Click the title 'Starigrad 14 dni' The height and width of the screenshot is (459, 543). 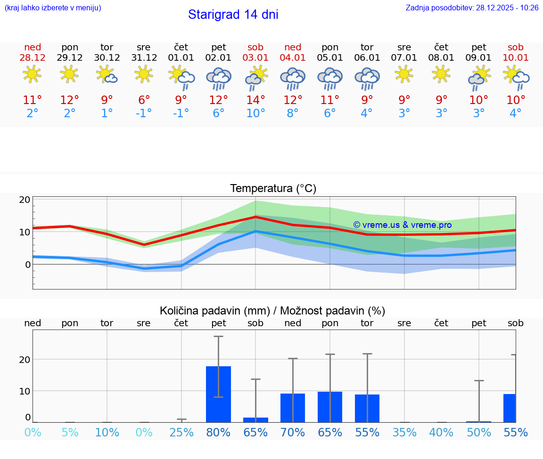233,15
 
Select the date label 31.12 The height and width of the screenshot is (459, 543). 144,58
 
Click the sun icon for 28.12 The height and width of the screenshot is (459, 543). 32,74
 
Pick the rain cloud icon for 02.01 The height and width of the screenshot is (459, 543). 218,78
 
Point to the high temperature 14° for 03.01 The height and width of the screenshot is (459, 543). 255,100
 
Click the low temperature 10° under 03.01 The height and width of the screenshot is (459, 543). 255,113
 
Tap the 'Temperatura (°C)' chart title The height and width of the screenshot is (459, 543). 273,189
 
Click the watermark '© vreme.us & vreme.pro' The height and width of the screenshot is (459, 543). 402,225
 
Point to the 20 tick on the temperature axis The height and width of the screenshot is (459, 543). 25,200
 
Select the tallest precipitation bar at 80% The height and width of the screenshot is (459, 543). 218,394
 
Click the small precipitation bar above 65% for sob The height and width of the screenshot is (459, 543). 255,419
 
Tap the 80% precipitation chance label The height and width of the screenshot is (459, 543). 218,432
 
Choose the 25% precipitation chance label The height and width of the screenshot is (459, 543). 181,432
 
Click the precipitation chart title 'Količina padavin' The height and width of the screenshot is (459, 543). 272,311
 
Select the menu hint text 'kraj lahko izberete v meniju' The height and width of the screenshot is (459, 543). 53,8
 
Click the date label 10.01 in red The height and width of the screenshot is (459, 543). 516,58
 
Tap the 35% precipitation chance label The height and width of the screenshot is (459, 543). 404,432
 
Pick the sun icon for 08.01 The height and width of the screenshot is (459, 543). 441,74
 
